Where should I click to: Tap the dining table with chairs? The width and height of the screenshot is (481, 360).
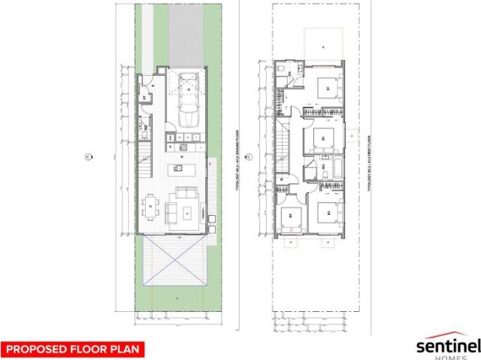152,204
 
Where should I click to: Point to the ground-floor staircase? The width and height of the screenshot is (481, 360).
144,161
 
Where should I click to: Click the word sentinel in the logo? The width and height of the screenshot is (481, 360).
448,345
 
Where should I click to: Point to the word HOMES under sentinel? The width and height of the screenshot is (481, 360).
449,357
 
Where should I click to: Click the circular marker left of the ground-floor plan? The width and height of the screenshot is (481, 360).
87,157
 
